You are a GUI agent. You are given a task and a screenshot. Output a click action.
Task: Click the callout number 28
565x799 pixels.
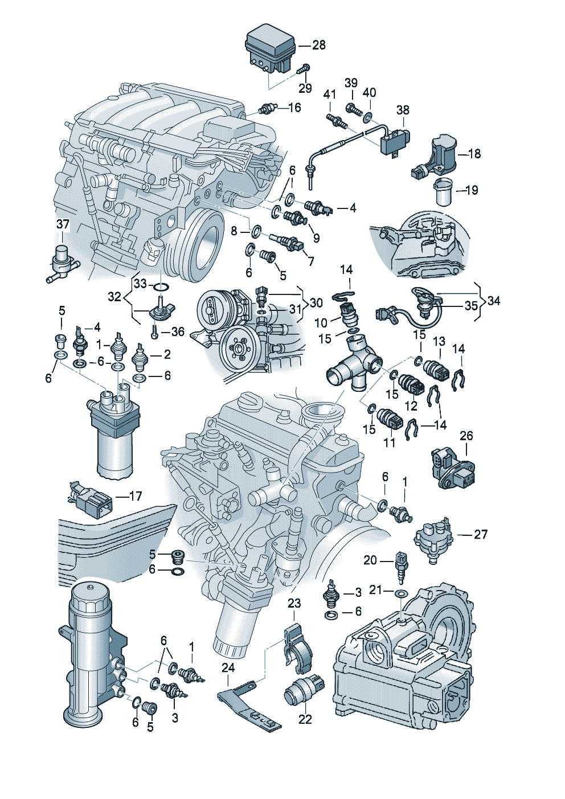tap(319, 45)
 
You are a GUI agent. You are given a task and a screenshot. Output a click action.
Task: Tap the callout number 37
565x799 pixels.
tap(63, 225)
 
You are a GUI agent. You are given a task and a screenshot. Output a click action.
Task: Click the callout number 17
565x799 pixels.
tap(135, 497)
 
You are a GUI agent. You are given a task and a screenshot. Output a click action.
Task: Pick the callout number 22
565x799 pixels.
tap(305, 719)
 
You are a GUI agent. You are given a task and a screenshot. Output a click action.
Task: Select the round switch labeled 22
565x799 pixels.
tap(304, 691)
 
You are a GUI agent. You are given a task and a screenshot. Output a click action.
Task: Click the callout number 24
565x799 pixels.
tap(228, 667)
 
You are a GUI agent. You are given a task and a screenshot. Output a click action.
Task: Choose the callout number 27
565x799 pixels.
tap(481, 534)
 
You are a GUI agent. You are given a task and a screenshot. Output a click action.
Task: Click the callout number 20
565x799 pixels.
tap(370, 560)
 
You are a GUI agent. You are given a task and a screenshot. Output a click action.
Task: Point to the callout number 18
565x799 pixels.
tap(474, 154)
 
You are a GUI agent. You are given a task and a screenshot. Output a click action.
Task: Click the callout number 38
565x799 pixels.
tap(403, 110)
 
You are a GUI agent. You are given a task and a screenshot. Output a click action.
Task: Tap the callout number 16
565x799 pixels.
tap(294, 108)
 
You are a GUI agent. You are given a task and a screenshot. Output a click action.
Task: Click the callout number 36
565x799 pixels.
tap(178, 331)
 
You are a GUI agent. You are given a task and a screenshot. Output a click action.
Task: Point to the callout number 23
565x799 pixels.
tap(294, 603)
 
